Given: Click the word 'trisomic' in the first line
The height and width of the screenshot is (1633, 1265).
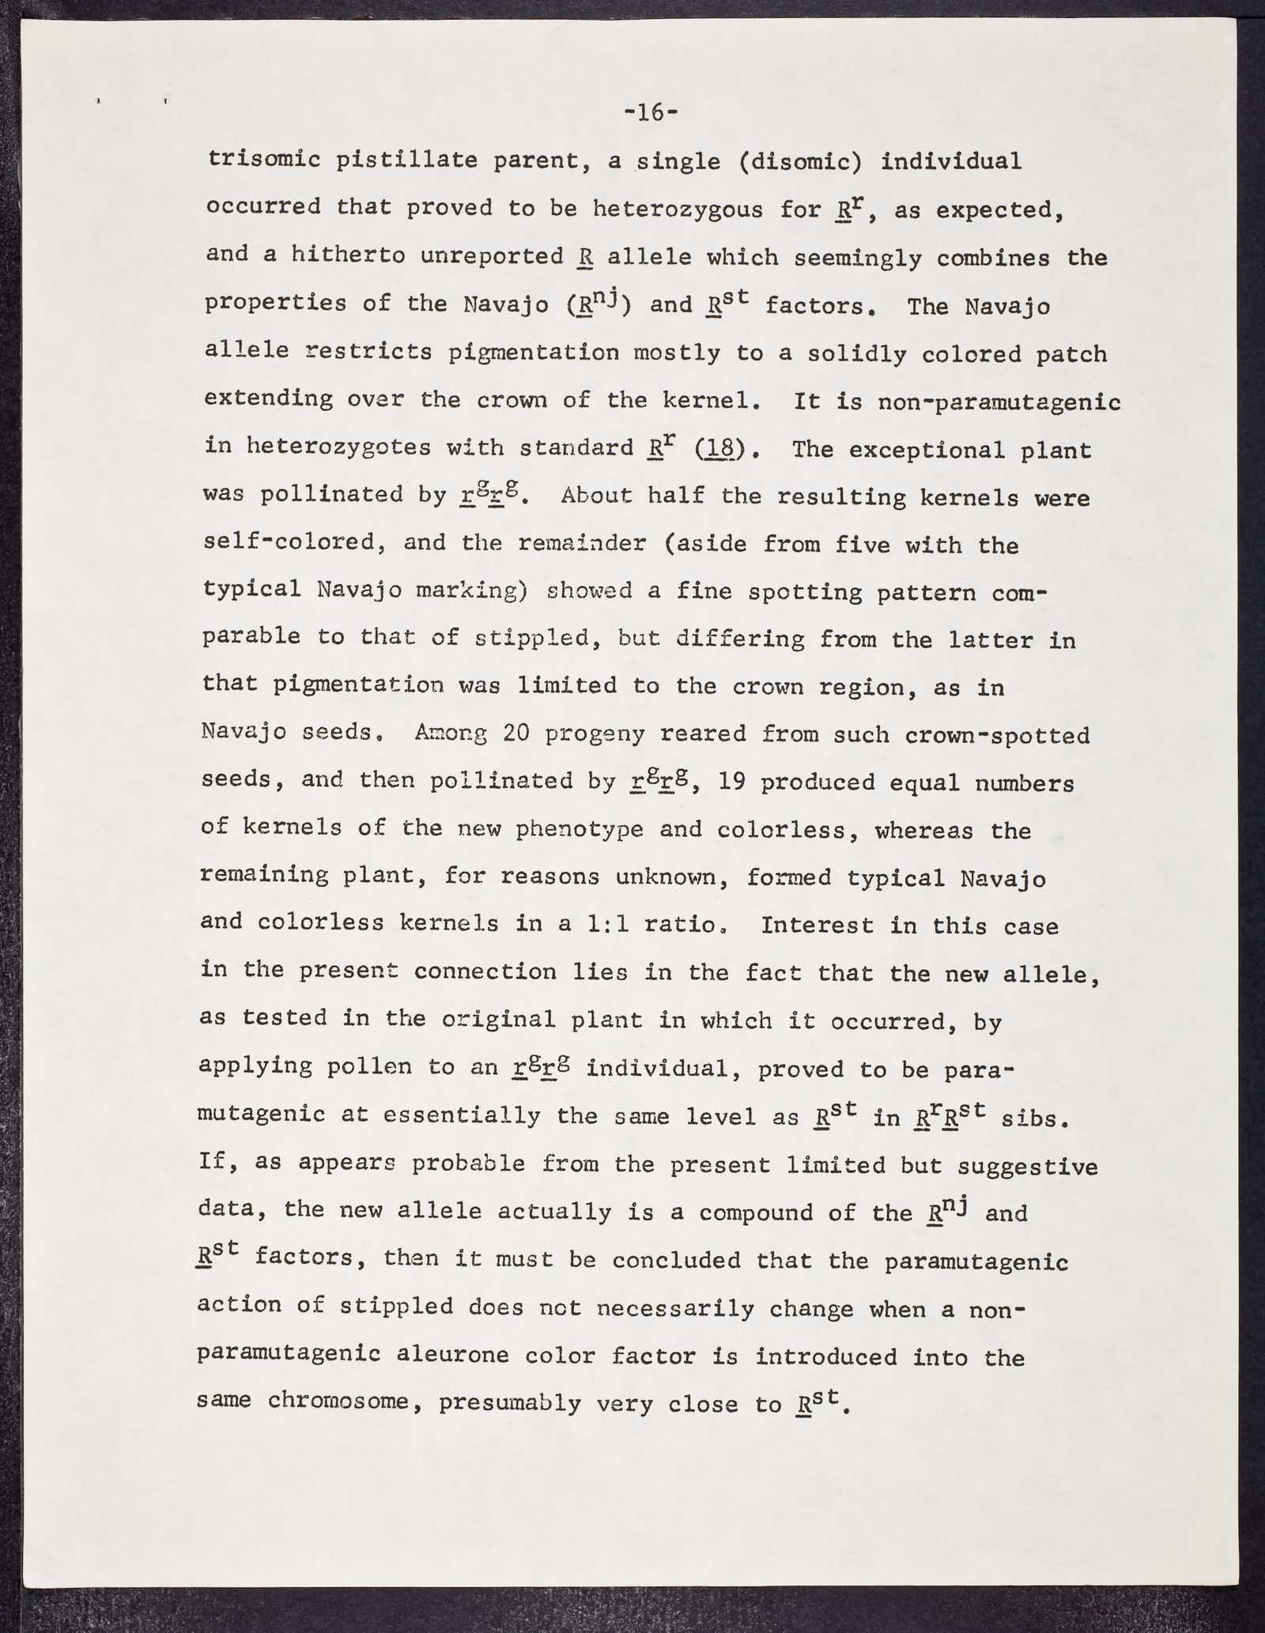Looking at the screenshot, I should pos(261,160).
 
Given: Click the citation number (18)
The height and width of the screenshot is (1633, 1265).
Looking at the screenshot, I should pos(720,450).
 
